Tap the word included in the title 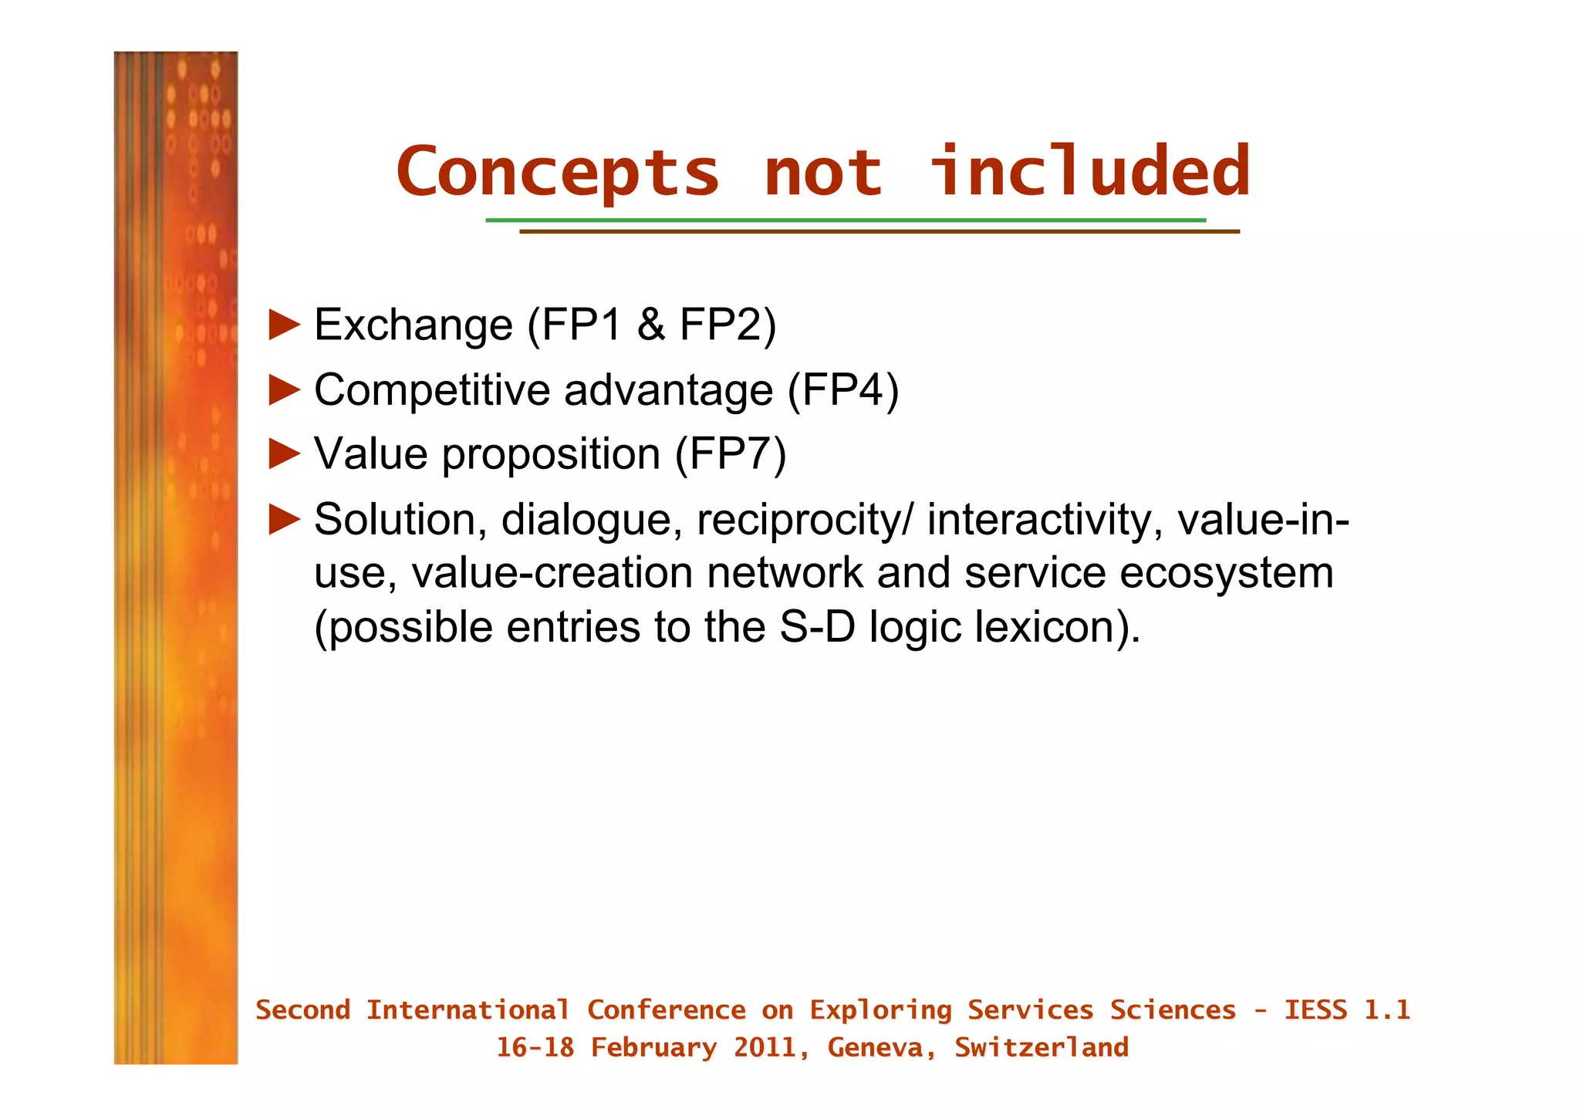1089,171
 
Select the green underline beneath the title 845,221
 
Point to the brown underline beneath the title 879,231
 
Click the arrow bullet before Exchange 284,325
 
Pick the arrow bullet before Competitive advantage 284,389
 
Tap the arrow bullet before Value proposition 284,453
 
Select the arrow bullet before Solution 284,519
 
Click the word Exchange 414,325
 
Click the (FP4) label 843,389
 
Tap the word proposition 551,454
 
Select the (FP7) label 731,453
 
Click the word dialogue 592,520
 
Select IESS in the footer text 1315,1010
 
